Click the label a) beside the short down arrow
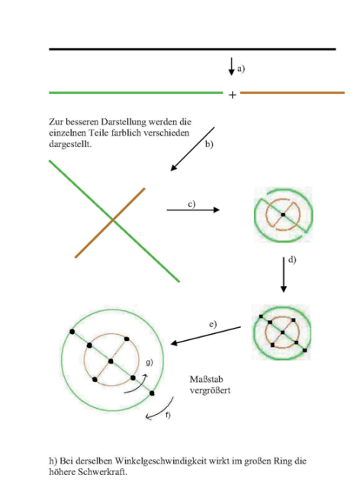coord(241,69)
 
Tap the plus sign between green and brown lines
coord(233,95)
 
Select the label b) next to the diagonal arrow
coord(209,144)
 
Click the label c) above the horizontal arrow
coord(191,204)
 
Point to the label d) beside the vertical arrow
coord(292,260)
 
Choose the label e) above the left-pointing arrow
coord(213,324)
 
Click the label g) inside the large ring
coord(149,362)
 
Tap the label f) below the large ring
coord(168,415)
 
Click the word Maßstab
coord(206,380)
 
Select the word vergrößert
coord(210,390)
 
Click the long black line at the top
coord(192,49)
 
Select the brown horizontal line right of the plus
coord(292,92)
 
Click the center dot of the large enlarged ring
coord(111,361)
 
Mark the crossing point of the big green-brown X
coord(113,220)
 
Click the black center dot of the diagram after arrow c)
coord(283,214)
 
